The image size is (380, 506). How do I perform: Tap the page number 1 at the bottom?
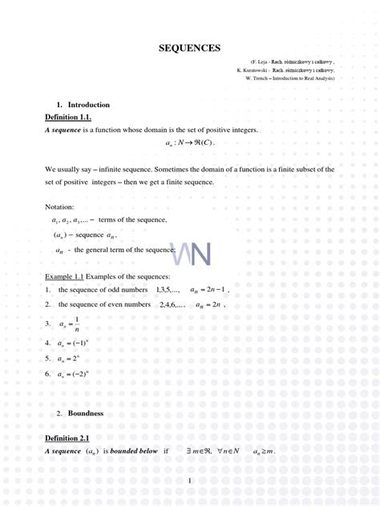click(x=190, y=480)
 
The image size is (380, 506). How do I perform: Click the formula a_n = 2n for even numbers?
click(x=213, y=305)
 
